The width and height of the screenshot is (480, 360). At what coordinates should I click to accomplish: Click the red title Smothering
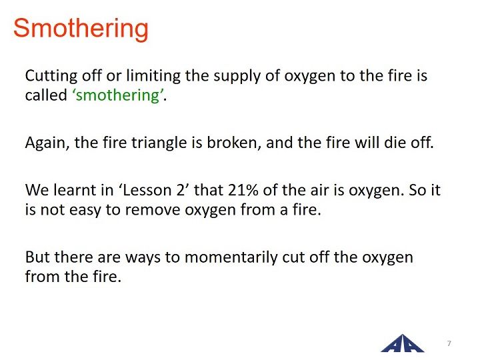(x=81, y=29)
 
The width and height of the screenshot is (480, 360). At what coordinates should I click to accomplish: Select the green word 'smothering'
(x=117, y=95)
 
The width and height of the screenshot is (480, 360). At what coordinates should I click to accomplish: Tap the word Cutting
(x=51, y=76)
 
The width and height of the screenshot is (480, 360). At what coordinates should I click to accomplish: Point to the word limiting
(x=153, y=76)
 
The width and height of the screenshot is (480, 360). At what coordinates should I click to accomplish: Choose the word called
(x=46, y=95)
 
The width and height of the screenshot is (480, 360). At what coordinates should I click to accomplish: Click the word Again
(x=47, y=143)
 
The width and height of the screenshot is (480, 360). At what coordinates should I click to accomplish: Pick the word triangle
(x=159, y=143)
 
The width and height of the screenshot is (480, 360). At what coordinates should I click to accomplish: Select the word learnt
(x=75, y=190)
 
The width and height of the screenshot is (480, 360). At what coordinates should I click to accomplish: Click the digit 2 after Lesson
(x=181, y=191)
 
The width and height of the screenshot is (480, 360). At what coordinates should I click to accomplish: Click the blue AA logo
(x=402, y=343)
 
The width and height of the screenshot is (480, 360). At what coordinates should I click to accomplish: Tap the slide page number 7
(x=449, y=343)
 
